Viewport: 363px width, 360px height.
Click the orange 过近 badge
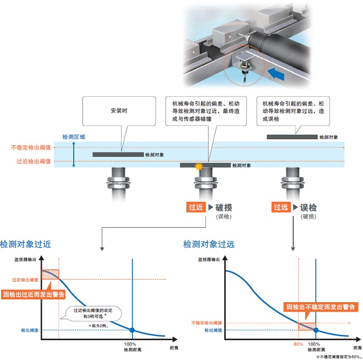(196, 208)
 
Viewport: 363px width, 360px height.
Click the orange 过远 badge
(280, 208)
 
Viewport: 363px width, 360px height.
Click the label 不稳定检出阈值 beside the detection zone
(31, 148)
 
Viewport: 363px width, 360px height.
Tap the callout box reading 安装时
(119, 111)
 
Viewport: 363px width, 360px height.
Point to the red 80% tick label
(298, 343)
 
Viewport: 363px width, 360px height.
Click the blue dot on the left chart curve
(132, 330)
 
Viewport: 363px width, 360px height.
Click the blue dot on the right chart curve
(316, 330)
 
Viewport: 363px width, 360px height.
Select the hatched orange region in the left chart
(50, 274)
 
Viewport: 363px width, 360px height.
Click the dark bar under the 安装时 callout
(118, 155)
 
